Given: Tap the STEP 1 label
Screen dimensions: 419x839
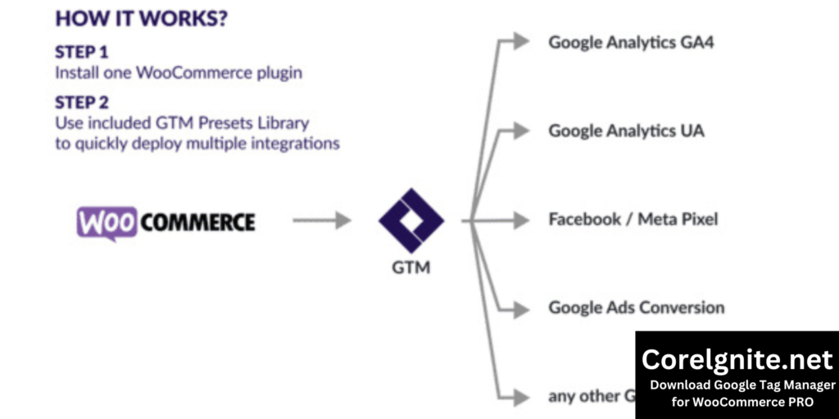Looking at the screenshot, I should tap(82, 52).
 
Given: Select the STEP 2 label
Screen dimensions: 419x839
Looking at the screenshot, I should tap(82, 102).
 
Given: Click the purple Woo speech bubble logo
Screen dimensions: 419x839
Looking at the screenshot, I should tap(107, 222).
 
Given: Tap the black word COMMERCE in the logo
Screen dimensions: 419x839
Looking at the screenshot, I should tap(197, 222).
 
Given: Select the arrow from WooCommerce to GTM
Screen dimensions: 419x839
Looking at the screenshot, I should tap(321, 220).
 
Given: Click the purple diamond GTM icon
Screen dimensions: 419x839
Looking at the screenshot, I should tap(410, 220).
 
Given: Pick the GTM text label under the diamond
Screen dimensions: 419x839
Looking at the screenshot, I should tap(410, 268).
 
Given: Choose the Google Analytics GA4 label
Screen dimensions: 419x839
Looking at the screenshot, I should tap(631, 42).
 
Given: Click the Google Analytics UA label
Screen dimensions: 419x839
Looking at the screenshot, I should tap(626, 131).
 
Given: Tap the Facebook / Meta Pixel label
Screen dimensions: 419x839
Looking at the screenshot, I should tap(633, 219).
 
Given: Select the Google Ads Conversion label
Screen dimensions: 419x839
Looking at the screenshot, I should tap(637, 309).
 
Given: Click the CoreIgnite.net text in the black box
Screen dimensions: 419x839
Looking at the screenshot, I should tap(737, 359).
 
